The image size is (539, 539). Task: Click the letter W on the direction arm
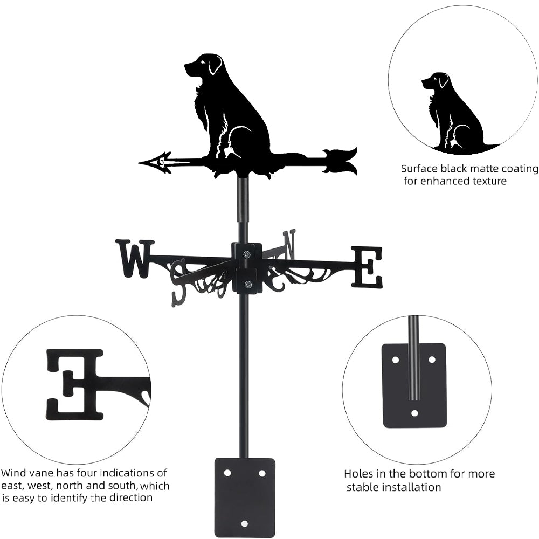point(134,258)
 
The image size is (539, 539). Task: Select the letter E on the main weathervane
point(367,267)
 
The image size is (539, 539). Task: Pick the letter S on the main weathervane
point(179,282)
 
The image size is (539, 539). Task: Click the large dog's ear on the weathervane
point(215,65)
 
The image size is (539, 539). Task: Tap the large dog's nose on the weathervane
point(186,67)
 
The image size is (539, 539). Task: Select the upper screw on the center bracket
point(247,254)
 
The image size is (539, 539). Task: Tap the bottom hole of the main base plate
point(244,523)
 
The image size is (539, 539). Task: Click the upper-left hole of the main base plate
point(227,473)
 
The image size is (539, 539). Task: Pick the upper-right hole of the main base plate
point(262,473)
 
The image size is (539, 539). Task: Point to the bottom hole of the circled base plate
point(414,413)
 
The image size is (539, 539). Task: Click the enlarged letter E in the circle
point(75,384)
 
